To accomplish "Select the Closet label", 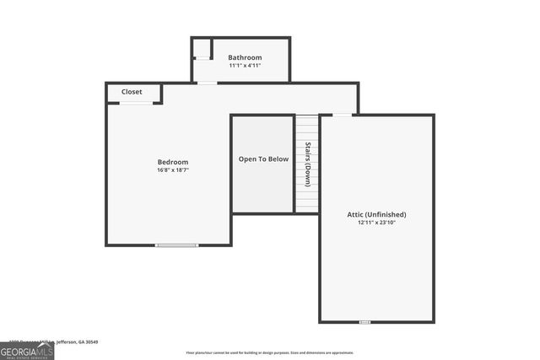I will [x=132, y=92].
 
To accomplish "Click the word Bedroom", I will [x=173, y=162].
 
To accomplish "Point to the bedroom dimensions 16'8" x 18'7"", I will [x=173, y=170].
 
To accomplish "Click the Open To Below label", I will [x=263, y=159].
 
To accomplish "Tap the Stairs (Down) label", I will [x=307, y=164].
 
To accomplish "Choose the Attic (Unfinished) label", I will [x=376, y=214].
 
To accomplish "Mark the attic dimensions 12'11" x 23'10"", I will [x=376, y=223].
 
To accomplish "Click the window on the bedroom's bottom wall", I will [x=177, y=245].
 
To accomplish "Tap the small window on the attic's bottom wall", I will [x=364, y=322].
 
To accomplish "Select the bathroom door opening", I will [x=207, y=83].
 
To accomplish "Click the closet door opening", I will [x=136, y=104].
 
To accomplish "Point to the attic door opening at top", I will [x=343, y=115].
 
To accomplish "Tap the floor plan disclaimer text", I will [x=270, y=352].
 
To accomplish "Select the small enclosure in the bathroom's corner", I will [x=202, y=49].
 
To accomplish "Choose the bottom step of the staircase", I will [x=307, y=209].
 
